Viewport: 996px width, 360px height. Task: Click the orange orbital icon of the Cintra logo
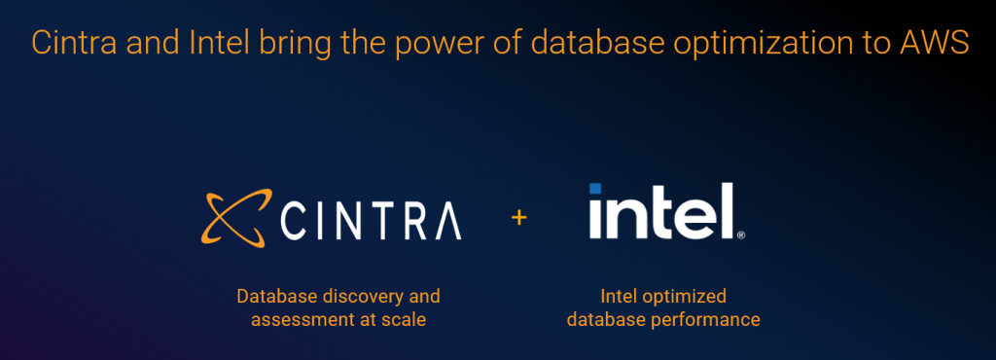[x=231, y=217]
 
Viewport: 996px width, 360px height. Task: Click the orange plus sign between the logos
[x=518, y=217]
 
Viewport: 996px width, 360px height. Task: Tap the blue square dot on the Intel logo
[x=595, y=189]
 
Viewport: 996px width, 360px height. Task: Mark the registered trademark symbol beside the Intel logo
[x=741, y=234]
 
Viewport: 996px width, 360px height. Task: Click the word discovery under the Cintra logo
[x=360, y=296]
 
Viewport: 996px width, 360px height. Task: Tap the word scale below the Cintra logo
[x=405, y=318]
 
